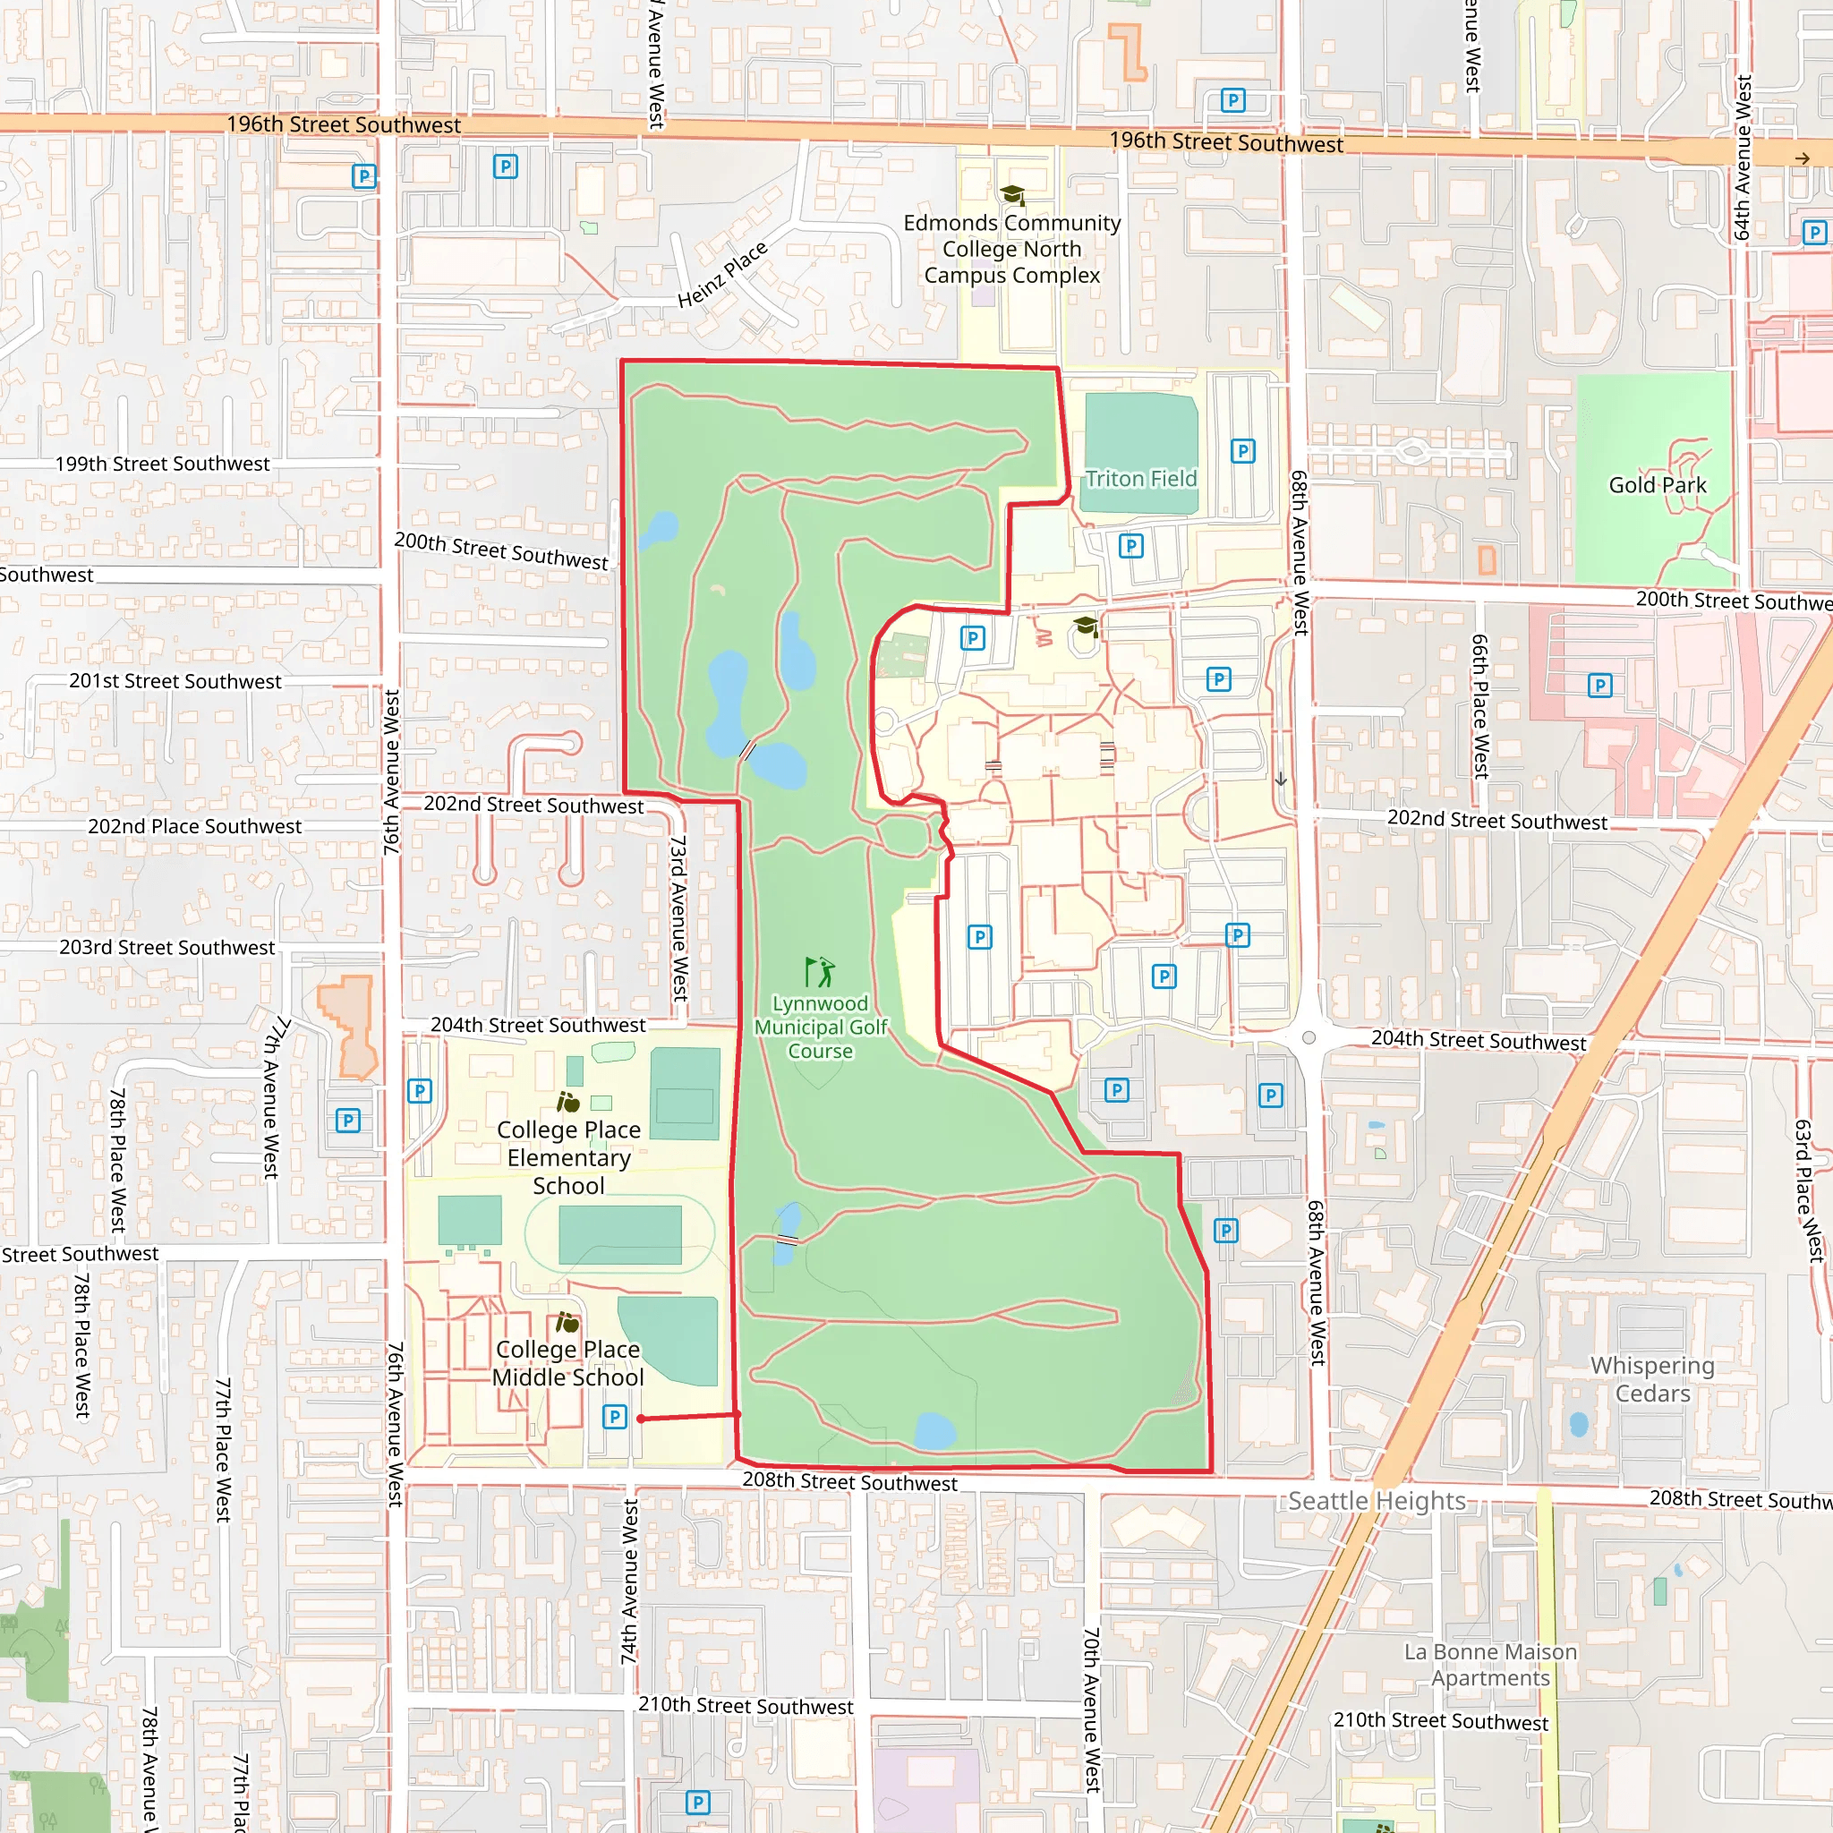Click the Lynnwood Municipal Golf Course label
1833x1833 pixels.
[820, 1027]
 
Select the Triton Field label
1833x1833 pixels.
[1140, 478]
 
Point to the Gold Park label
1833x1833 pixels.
[1657, 485]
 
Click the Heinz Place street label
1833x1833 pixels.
[722, 275]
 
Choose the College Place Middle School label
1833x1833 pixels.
[567, 1362]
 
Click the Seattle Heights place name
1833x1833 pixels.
[1377, 1500]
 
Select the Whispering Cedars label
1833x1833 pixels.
[1653, 1378]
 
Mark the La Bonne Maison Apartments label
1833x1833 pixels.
[1490, 1664]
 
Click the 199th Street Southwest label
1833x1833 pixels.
[162, 464]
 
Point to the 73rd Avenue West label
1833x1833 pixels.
[678, 917]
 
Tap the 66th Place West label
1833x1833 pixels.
[1479, 706]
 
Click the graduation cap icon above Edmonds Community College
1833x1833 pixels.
[1012, 195]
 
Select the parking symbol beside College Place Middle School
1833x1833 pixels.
[615, 1417]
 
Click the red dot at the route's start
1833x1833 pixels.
[642, 1419]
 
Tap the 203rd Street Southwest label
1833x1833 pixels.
[167, 947]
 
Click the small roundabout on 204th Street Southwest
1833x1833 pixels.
[1309, 1037]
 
